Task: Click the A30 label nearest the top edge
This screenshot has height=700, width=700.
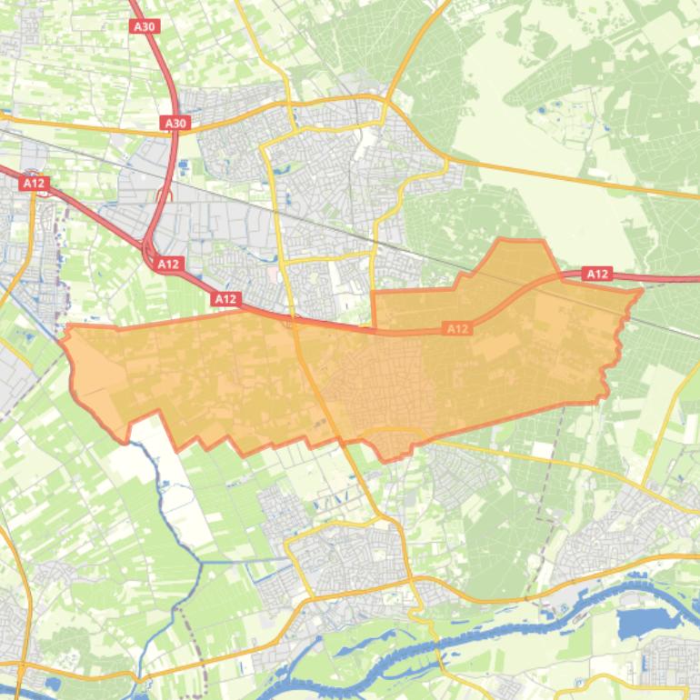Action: click(x=145, y=26)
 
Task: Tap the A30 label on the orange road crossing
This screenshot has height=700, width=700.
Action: click(x=175, y=123)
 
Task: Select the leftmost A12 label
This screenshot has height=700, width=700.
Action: click(x=34, y=183)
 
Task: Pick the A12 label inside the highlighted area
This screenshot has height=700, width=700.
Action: click(x=457, y=328)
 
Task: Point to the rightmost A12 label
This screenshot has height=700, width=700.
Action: click(x=597, y=274)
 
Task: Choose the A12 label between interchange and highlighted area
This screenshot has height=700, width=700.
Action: click(x=225, y=298)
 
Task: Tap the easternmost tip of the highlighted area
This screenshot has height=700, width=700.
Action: click(x=642, y=291)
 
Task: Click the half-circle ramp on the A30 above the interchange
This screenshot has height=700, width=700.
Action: click(x=165, y=196)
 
